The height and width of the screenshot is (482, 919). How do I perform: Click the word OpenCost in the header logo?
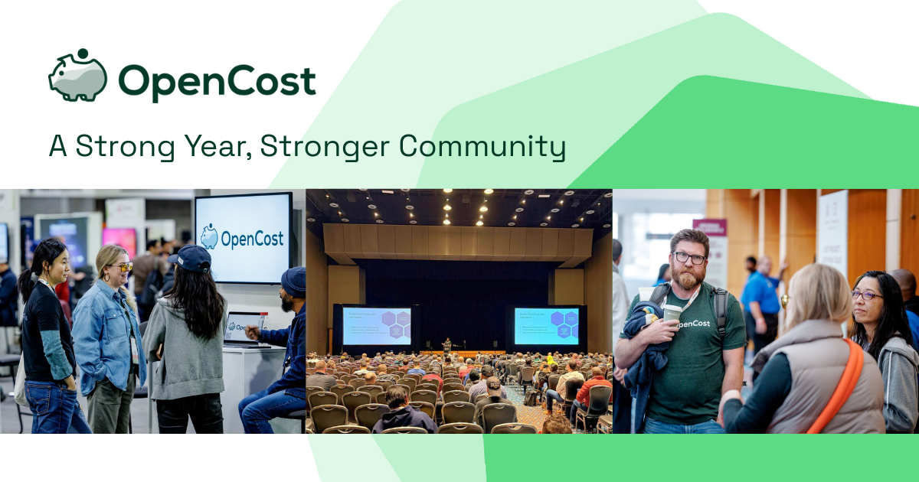click(217, 80)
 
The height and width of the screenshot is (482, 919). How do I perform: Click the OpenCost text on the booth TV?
click(252, 239)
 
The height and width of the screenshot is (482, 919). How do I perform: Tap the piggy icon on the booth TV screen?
click(209, 236)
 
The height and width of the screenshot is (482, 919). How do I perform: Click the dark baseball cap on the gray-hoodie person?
click(191, 259)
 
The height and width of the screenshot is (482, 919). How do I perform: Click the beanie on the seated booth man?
click(293, 280)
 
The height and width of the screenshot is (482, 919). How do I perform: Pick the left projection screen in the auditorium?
click(376, 327)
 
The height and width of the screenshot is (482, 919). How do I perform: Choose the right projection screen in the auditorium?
click(546, 326)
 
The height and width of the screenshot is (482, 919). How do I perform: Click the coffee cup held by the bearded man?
click(672, 314)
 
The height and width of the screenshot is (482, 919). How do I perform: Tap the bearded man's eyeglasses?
click(689, 258)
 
